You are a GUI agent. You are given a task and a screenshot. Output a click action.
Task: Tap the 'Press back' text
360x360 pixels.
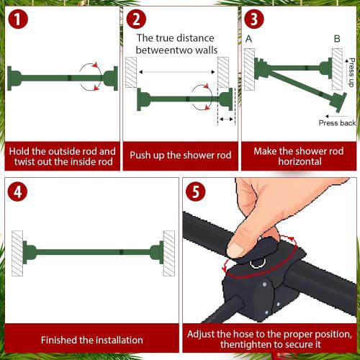337,123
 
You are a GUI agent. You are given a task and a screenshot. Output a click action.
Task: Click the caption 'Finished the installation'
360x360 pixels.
91,340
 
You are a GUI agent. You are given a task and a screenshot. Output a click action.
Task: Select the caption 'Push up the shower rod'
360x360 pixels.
180,154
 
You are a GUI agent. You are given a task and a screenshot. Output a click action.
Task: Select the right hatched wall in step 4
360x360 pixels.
168,252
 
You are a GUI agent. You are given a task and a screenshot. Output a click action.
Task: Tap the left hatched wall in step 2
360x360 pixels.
131,73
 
